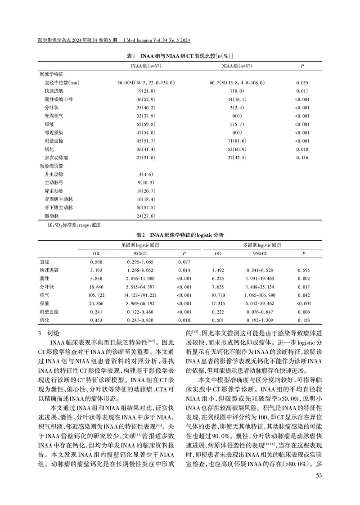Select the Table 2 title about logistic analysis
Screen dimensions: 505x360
tap(180, 235)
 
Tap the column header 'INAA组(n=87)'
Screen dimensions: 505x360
tap(143, 66)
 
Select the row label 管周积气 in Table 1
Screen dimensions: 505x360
tap(53, 116)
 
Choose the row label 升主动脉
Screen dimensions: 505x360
tap(53, 174)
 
